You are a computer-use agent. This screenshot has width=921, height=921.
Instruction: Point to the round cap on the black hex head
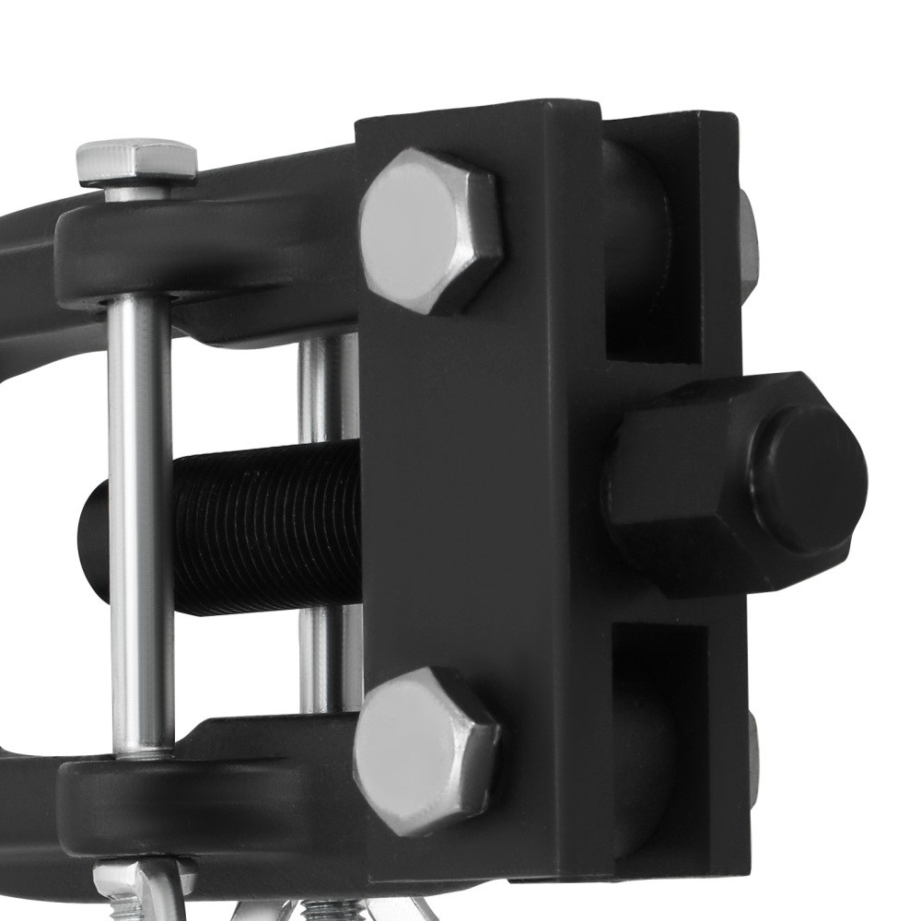pos(807,479)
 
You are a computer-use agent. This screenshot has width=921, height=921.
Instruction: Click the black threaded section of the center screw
pos(267,529)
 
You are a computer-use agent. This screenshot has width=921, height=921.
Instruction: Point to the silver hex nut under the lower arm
pos(138,880)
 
